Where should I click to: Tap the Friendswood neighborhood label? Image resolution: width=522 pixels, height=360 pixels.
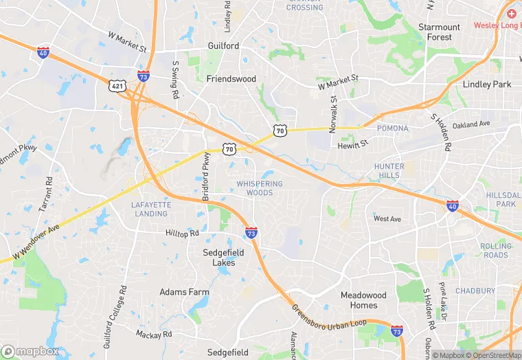pos(231,79)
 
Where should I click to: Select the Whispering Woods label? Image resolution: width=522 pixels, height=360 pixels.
pos(260,188)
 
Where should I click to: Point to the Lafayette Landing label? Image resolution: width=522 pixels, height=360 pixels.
pos(150,209)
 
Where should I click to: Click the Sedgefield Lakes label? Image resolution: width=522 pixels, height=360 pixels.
pos(223,258)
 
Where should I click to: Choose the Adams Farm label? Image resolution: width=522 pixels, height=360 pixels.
pos(184,292)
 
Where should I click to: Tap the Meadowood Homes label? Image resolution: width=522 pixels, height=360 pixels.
pos(363,300)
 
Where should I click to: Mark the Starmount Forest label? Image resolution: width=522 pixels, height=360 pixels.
pos(440,32)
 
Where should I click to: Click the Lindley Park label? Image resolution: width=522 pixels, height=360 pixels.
pos(488,85)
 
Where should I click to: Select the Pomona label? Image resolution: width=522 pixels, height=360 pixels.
pos(392,128)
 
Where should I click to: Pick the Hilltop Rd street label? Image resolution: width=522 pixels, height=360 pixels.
pos(182,234)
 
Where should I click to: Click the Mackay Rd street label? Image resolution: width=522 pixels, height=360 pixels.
pos(153,335)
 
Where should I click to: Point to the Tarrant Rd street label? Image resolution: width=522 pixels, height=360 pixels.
pos(49,194)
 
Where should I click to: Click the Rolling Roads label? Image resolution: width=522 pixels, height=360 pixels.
pos(496,251)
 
